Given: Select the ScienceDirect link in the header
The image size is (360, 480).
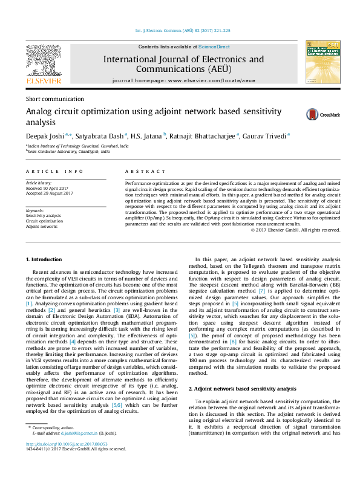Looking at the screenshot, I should [211, 47].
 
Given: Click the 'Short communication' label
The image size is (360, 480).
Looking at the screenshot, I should [54, 99].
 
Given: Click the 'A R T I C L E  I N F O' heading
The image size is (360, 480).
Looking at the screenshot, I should [54, 172].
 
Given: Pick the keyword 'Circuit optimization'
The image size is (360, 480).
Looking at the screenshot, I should [44, 221].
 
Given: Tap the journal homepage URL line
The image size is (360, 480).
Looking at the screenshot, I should [184, 80].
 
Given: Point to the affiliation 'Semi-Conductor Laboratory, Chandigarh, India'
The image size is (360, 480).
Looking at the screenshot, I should [68, 152].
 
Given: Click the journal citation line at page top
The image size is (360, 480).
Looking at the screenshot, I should [182, 31].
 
